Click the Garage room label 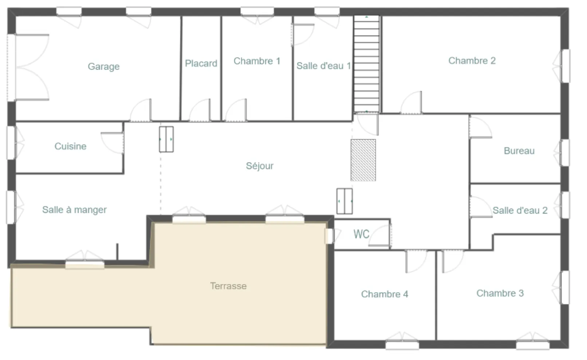[x=103, y=66]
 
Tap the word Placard [x=201, y=63]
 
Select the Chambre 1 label [x=257, y=61]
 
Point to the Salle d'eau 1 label [x=323, y=66]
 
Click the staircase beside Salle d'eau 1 [x=367, y=64]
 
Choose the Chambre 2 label [x=472, y=60]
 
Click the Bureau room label [x=519, y=151]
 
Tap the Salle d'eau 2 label [x=520, y=210]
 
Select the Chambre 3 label [x=500, y=293]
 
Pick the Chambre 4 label [x=384, y=294]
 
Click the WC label [x=361, y=234]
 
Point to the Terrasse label [x=228, y=286]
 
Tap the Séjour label [x=259, y=166]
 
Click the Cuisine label [x=70, y=146]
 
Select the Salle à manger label [x=74, y=210]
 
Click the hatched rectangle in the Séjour [x=363, y=160]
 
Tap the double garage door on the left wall [x=12, y=67]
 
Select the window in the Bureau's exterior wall [x=565, y=153]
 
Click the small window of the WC [x=329, y=236]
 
